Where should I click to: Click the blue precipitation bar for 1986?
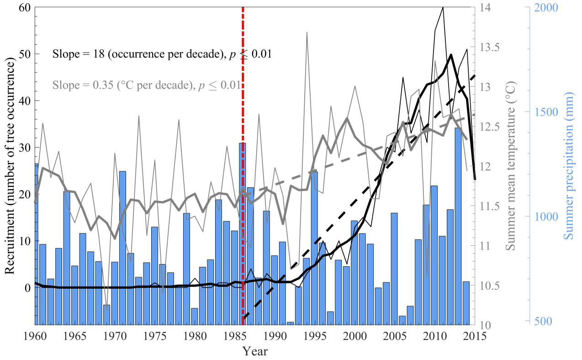click(242, 233)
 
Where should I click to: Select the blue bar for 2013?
click(458, 226)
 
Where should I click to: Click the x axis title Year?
click(255, 351)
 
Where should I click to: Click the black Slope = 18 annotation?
click(162, 54)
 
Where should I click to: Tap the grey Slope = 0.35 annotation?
click(146, 85)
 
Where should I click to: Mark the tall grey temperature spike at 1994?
click(307, 32)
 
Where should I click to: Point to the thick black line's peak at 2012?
click(451, 55)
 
